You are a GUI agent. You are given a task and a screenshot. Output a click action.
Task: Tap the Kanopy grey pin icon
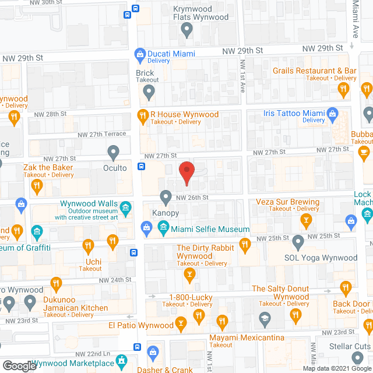[166, 196]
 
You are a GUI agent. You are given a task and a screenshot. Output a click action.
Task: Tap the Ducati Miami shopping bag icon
[140, 55]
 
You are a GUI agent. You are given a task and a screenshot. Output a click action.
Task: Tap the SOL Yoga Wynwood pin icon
[298, 241]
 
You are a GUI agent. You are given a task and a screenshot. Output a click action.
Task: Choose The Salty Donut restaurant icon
[345, 287]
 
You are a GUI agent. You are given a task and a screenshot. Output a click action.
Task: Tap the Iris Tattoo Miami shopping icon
[333, 113]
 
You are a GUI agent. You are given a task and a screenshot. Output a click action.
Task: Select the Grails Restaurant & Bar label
[315, 71]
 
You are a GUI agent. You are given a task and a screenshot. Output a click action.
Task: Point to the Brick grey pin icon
[149, 92]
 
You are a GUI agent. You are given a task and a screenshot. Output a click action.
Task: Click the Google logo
[19, 365]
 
